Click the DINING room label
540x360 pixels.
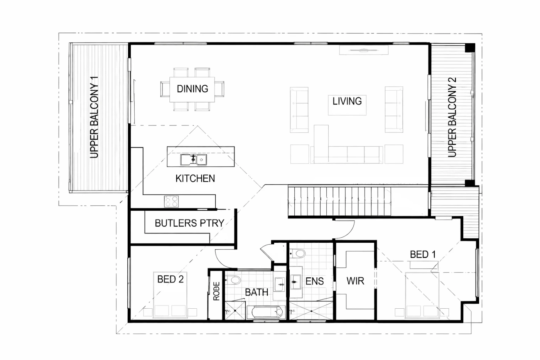coord(192,89)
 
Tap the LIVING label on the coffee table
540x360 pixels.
coord(347,101)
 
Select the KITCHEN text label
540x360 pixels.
coord(195,178)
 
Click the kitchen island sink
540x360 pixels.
coord(193,160)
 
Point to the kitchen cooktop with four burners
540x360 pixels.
coord(171,201)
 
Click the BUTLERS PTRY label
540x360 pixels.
coord(189,223)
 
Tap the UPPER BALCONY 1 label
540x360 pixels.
coord(94,117)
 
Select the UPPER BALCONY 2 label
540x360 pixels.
coord(452,117)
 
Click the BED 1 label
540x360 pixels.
coord(423,254)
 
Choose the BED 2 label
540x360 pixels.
coord(170,279)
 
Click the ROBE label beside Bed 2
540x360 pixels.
coord(216,291)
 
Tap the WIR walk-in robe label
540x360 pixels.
coord(355,281)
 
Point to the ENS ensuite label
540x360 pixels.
coord(315,281)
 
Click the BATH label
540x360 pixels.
coord(256,292)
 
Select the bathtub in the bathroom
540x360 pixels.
coord(266,313)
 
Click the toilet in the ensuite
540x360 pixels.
coord(298,254)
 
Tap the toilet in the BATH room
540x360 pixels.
coord(233,280)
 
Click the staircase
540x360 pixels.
coord(339,201)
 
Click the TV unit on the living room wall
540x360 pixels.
coord(364,50)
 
